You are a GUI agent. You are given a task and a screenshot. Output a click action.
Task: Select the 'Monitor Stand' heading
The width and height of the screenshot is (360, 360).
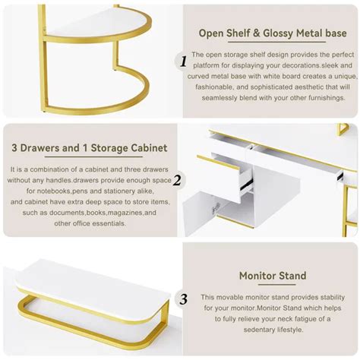[272, 276]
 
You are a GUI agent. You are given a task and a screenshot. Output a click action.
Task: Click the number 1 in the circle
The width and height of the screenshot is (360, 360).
[182, 62]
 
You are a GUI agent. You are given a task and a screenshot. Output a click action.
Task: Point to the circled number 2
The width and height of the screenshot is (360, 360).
[176, 181]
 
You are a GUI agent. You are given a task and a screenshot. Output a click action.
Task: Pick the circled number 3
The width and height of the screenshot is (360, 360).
[182, 299]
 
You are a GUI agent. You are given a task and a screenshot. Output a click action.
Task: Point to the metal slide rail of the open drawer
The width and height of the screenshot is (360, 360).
[245, 182]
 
